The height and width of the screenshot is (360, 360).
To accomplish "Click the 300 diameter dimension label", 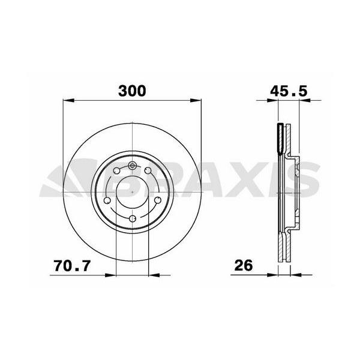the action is click(x=132, y=91).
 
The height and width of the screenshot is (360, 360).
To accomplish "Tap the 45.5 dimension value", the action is click(x=289, y=91).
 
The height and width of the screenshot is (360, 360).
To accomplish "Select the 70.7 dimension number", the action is click(x=73, y=266).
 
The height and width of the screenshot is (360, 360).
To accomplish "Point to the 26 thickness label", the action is click(x=244, y=266).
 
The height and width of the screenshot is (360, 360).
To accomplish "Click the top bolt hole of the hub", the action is click(x=133, y=218).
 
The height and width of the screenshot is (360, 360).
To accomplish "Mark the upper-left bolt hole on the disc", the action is click(x=116, y=170).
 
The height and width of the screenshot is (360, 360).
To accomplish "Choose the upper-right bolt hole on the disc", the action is click(x=148, y=170).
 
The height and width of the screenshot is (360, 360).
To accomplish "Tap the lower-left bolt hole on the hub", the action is click(x=107, y=200).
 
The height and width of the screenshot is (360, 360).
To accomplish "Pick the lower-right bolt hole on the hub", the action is click(x=158, y=200).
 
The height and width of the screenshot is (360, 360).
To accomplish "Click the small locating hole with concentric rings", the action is click(x=132, y=165).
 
